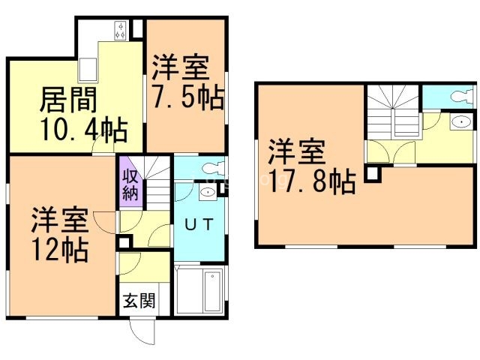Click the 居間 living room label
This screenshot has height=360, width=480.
[x=68, y=100]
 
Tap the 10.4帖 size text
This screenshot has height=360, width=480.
[x=84, y=129]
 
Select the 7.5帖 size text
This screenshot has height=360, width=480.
[x=188, y=97]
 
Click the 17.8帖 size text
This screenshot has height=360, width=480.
[x=312, y=181]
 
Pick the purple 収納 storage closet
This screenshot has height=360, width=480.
[x=131, y=181]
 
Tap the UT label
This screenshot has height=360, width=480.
[x=199, y=224]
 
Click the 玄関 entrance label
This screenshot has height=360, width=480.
[x=139, y=300]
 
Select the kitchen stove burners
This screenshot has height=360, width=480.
[x=121, y=30]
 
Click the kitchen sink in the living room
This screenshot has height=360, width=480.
[x=88, y=70]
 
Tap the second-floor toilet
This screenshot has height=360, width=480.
[x=462, y=97]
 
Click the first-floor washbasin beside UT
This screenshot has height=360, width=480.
[x=208, y=192]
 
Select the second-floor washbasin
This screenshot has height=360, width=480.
[x=460, y=121]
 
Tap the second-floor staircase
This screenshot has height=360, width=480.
[x=393, y=112]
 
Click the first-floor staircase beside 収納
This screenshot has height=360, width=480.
[x=157, y=183]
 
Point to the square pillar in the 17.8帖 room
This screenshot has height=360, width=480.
[x=373, y=174]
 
